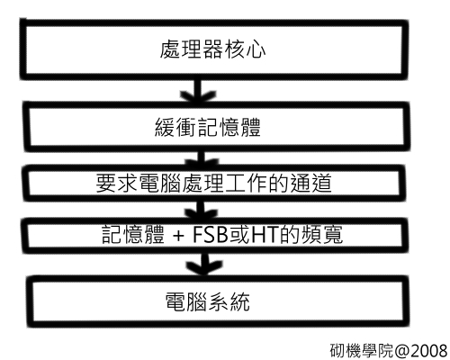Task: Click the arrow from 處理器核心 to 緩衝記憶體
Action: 198,91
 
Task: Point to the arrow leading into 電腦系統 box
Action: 204,264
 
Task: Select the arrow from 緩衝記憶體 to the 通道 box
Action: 201,158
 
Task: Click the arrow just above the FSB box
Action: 201,211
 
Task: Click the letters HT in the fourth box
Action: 264,235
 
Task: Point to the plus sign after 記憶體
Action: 178,236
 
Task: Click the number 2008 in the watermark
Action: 429,350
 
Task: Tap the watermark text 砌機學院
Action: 362,350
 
